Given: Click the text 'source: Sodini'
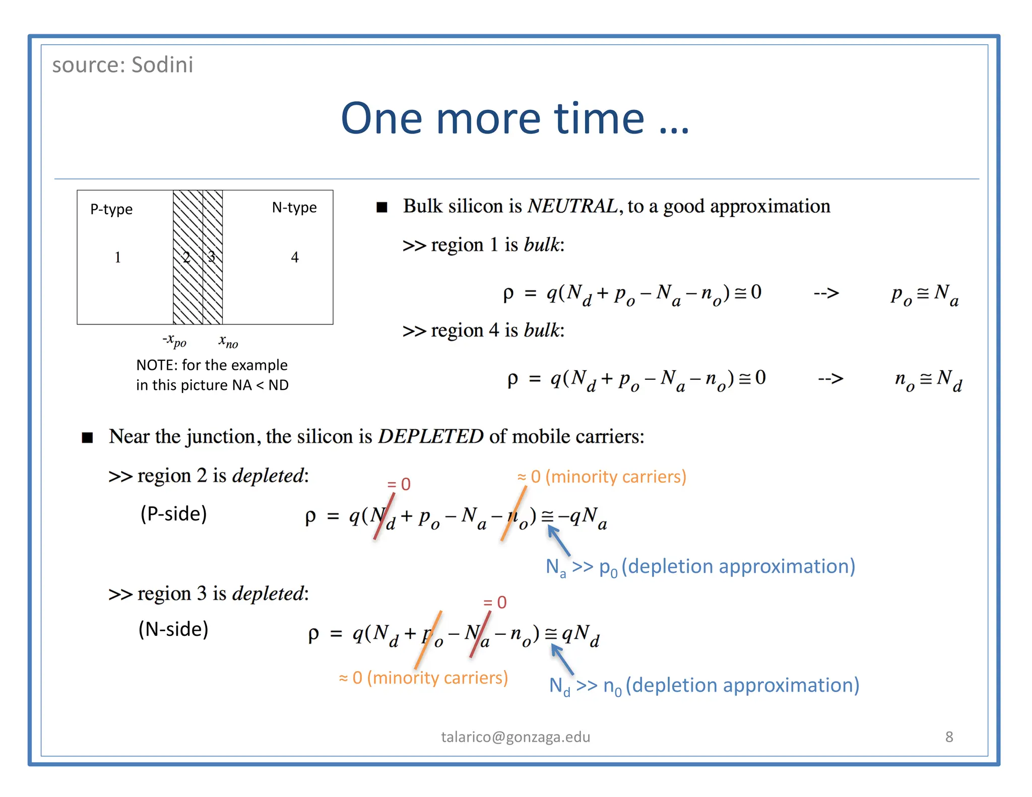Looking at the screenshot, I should (122, 65).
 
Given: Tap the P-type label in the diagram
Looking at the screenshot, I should (111, 209).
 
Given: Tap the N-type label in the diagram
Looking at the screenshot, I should (294, 208).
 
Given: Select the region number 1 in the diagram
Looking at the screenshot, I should (117, 257).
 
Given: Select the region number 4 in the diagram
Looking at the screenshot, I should (295, 257).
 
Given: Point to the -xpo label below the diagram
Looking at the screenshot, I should (174, 341).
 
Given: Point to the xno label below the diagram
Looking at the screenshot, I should (228, 342).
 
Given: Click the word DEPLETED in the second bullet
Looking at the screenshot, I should (431, 436).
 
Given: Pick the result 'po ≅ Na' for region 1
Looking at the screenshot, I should (924, 295).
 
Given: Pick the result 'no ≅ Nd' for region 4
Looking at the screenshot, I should (928, 380).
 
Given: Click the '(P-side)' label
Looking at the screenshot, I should (173, 514).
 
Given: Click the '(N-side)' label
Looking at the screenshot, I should (173, 629).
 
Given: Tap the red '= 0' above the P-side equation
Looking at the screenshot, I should (399, 484).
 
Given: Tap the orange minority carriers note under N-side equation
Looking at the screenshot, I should (423, 678).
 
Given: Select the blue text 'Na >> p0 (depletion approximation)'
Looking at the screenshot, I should (700, 567).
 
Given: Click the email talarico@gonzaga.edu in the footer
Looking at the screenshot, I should (515, 737).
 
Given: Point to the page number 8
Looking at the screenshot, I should (949, 737).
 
